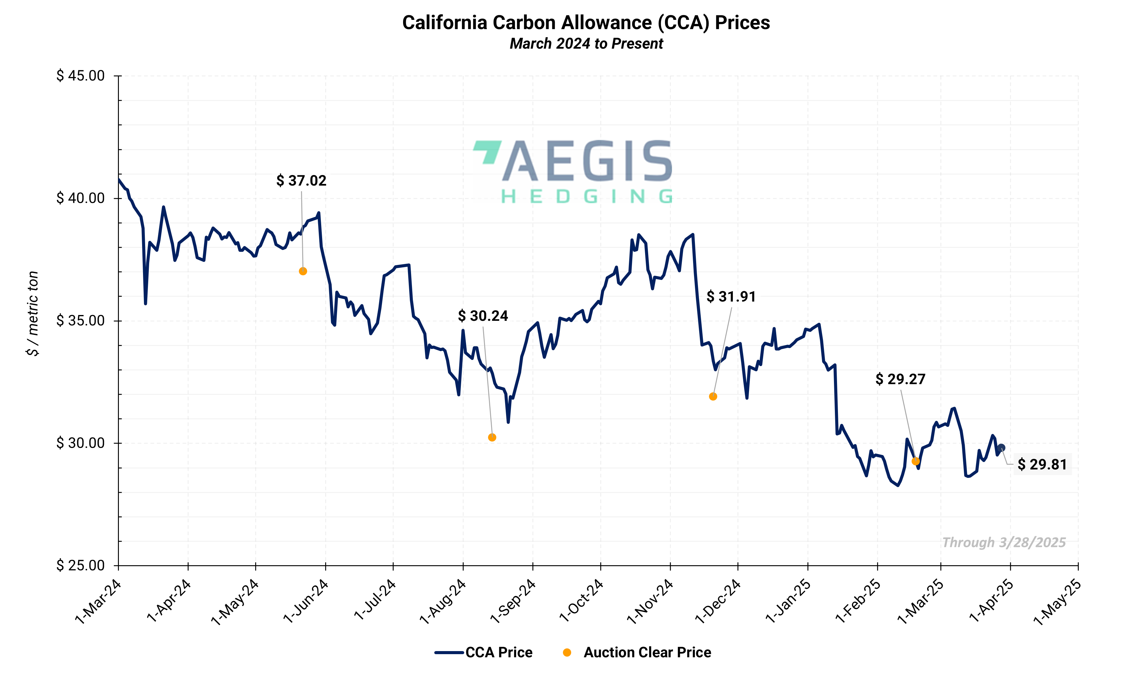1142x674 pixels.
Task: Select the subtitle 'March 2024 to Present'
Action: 586,44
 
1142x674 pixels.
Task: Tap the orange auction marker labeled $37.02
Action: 303,271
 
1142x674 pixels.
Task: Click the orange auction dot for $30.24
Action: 492,438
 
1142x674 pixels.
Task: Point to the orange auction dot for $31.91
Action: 713,397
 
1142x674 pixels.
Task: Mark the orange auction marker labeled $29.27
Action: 915,461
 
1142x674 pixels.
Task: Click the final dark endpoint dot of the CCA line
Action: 1001,448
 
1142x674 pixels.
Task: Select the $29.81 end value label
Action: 1042,464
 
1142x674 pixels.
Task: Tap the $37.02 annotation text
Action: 301,181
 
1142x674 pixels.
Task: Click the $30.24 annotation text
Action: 483,316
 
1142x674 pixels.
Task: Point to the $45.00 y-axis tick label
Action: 80,75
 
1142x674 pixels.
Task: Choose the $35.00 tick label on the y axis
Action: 80,321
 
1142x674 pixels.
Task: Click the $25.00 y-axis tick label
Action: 80,566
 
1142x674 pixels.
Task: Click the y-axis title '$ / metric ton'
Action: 33,313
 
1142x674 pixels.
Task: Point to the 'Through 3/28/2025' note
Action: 1004,542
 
